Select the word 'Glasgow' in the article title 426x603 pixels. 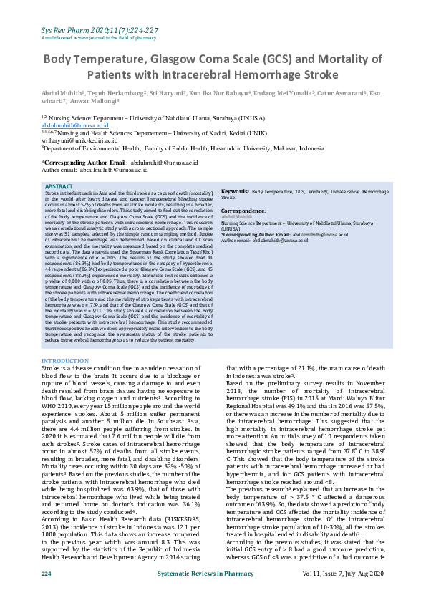(x=194, y=59)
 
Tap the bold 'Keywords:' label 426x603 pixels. (x=235, y=173)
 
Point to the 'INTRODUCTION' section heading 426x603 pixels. (x=65, y=360)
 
